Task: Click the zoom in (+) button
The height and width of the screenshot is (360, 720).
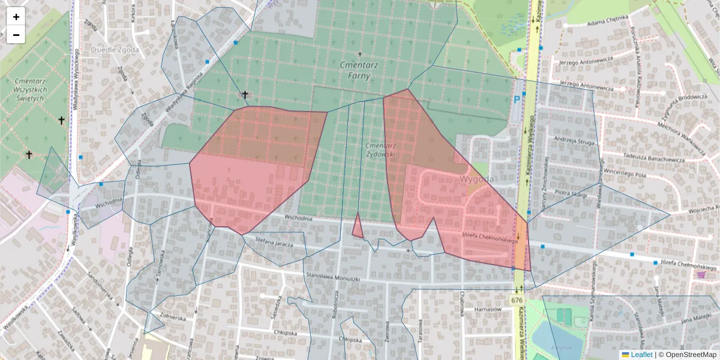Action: coord(16,17)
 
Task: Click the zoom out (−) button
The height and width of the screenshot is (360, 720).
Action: coord(16,35)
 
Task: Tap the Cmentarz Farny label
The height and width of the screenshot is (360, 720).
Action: coord(355,70)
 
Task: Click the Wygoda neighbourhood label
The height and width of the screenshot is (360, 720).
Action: coord(477,179)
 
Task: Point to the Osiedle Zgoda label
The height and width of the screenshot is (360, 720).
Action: coord(115,50)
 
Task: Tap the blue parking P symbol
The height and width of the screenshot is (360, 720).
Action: coord(516,101)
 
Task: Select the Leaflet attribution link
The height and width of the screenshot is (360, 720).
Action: coord(641,355)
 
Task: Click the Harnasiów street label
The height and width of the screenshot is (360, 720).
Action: coord(487,309)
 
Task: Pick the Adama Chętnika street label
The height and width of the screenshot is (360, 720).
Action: coord(607,23)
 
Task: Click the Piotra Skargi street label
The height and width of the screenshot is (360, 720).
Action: coord(570,193)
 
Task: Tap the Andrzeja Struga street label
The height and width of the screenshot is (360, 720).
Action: coord(574,142)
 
